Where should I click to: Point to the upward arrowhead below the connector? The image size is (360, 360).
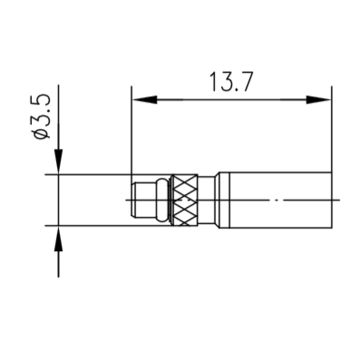point(58,240)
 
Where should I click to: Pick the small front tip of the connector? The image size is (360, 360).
point(143,199)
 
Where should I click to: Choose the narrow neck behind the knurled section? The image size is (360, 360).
point(207,199)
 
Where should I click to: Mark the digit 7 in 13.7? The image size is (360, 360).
point(245,82)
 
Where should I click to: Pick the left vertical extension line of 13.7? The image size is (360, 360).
point(131,135)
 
